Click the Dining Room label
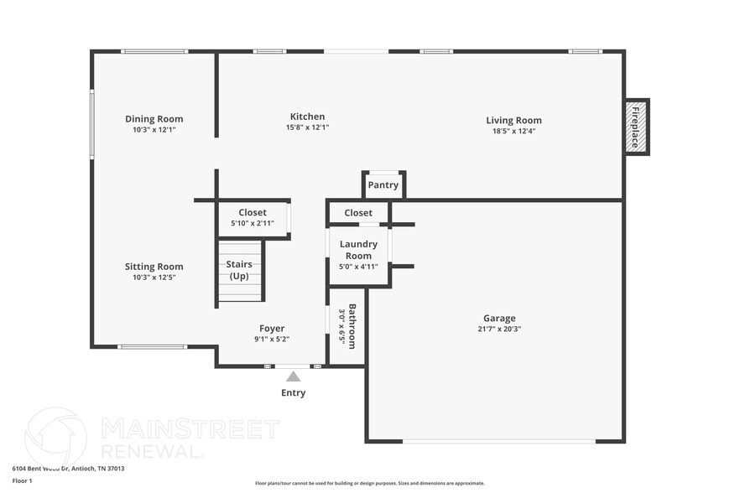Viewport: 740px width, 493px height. (x=154, y=119)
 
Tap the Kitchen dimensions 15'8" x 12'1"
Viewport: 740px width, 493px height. (x=307, y=127)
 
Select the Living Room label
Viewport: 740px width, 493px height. (x=513, y=120)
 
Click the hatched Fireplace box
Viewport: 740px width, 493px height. (x=636, y=127)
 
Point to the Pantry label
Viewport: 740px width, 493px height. (x=383, y=185)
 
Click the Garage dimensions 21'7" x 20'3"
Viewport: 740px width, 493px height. (x=499, y=329)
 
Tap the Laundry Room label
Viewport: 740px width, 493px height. (x=358, y=250)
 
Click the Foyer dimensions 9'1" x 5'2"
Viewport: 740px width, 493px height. (x=272, y=340)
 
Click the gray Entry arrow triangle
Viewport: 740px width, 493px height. (x=293, y=377)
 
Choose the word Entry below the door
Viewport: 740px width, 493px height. (x=293, y=392)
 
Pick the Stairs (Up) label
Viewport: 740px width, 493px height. (x=239, y=270)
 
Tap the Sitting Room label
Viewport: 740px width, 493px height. (x=154, y=267)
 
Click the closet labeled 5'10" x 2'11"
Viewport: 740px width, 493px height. (x=253, y=218)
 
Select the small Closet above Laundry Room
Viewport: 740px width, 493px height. (x=358, y=213)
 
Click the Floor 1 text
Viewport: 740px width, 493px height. (x=22, y=480)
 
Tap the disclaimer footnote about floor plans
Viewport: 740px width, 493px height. (x=369, y=483)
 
